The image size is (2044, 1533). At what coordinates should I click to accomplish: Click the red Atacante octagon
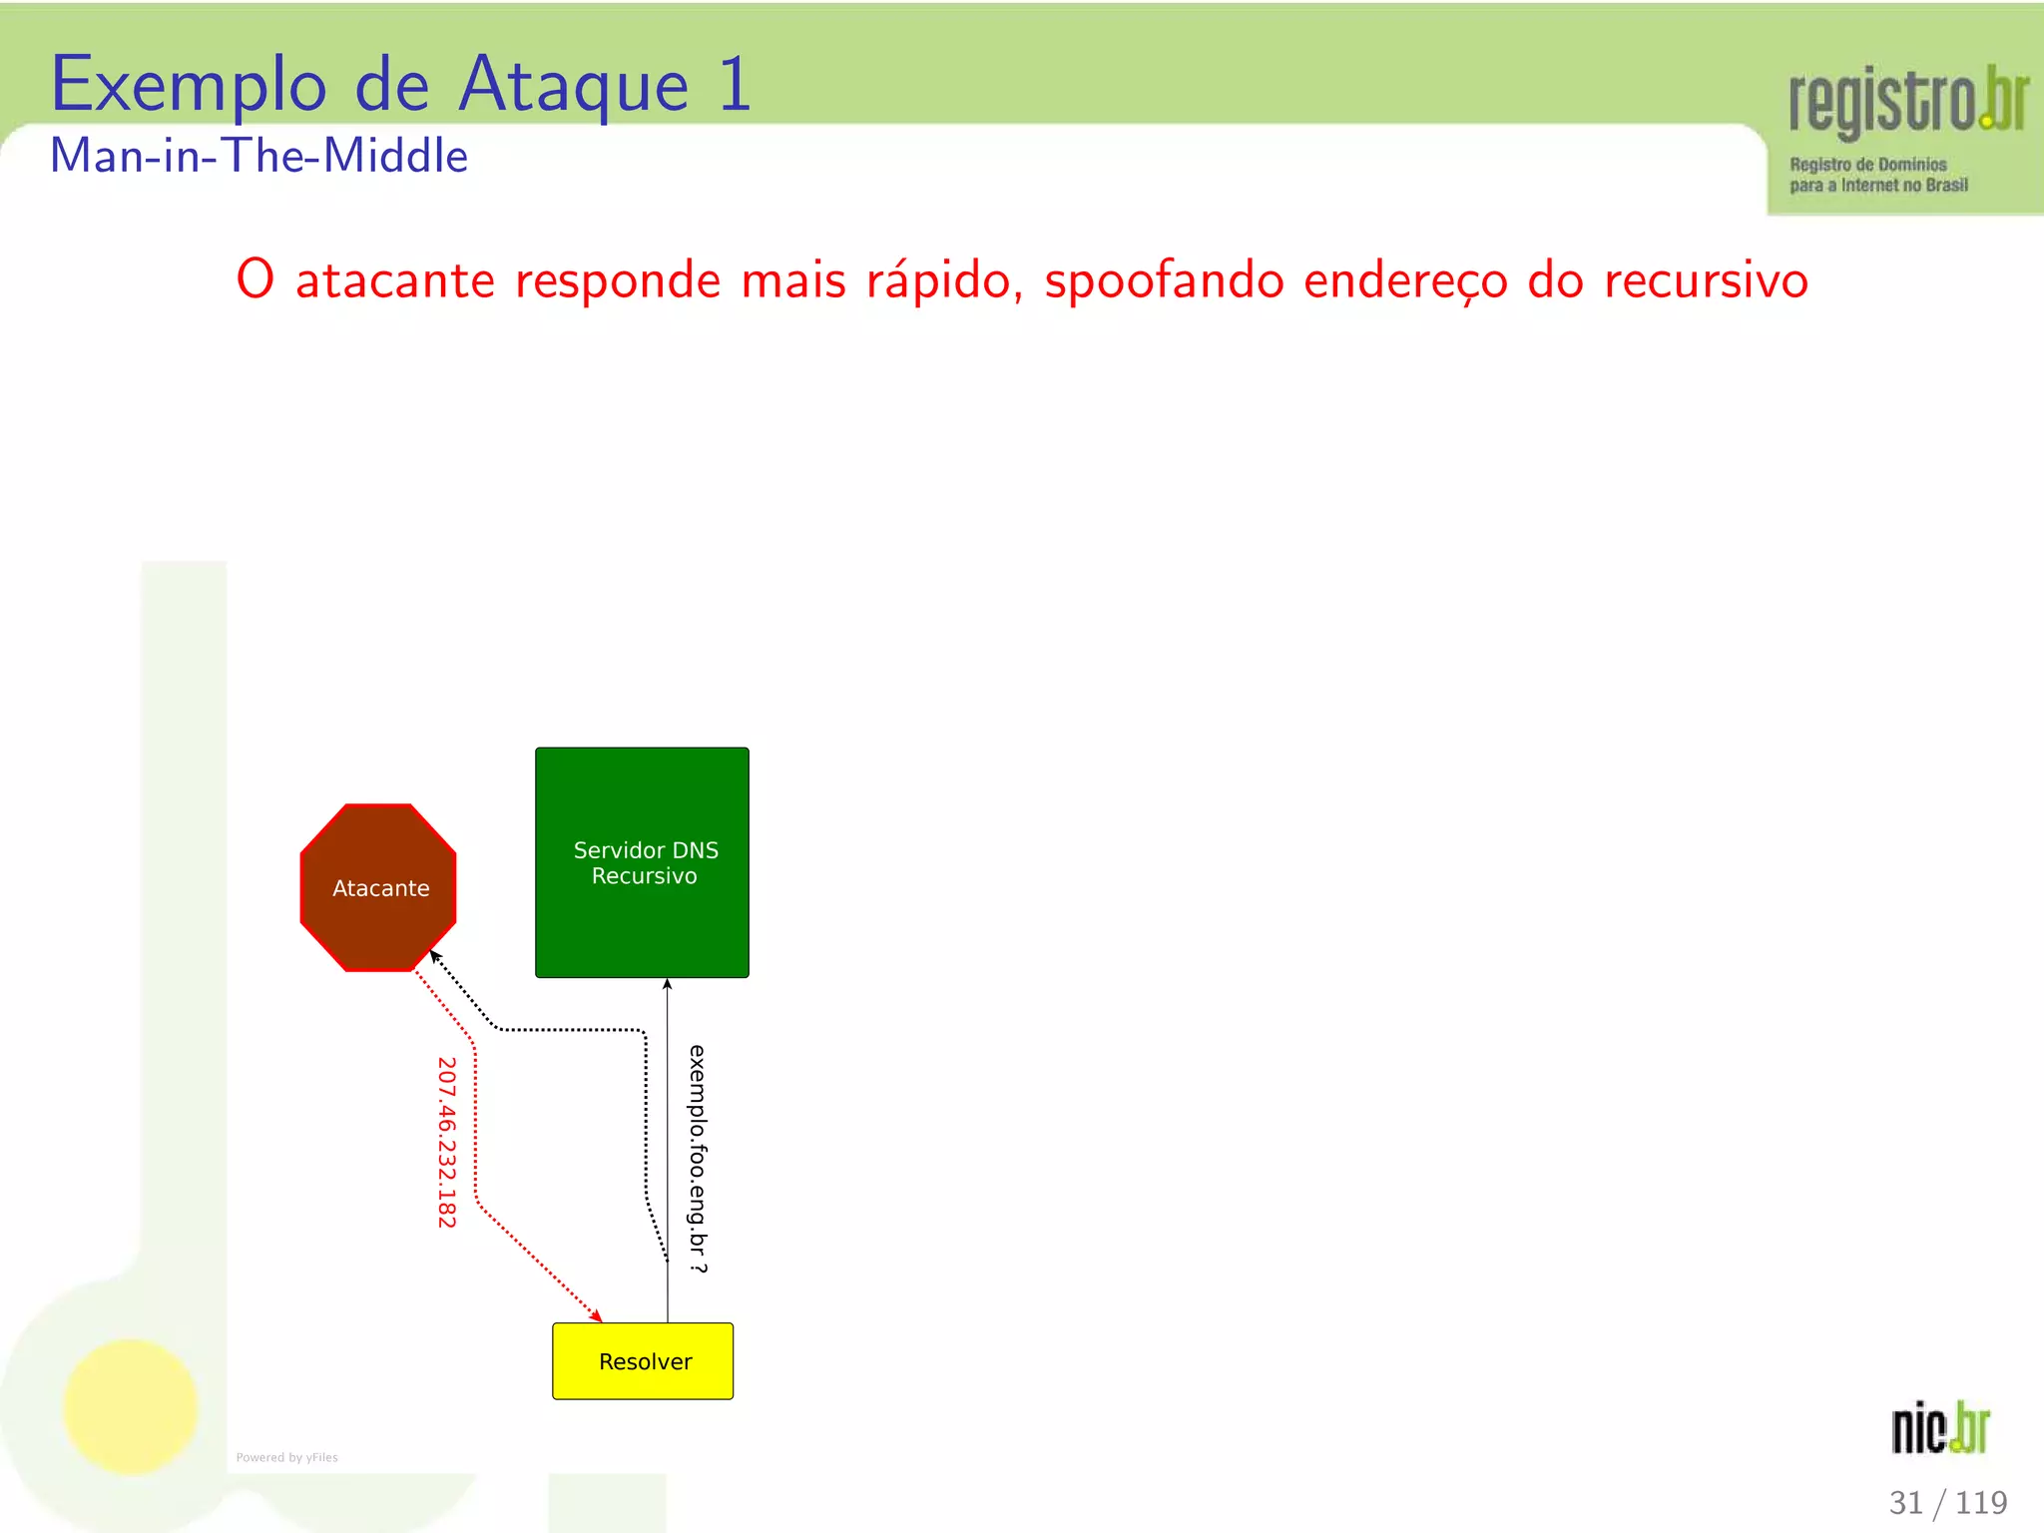pos(378,887)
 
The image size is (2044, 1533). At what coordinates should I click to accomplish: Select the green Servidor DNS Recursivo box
pos(642,862)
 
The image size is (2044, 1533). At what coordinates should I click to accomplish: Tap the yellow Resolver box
pos(643,1361)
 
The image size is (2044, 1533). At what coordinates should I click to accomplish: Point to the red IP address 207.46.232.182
pos(446,1142)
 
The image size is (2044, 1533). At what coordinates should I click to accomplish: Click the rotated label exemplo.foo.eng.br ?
pos(698,1158)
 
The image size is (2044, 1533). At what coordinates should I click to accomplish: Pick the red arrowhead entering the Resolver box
pos(596,1315)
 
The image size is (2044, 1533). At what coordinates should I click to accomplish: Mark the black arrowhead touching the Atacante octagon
pos(435,957)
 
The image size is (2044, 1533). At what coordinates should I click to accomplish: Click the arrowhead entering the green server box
pos(668,985)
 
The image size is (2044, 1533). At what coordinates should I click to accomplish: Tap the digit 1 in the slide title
pos(734,86)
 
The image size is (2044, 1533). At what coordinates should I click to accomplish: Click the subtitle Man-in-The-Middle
pos(259,156)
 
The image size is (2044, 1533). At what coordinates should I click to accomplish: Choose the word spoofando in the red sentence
pos(1164,280)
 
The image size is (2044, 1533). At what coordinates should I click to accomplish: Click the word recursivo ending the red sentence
pos(1706,280)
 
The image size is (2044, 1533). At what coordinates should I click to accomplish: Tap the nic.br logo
pos(1940,1428)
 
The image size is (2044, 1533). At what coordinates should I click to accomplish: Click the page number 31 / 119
pos(1947,1502)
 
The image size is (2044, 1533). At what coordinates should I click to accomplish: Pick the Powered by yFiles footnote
pos(286,1457)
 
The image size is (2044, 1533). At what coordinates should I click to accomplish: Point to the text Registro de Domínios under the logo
pos(1867,165)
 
